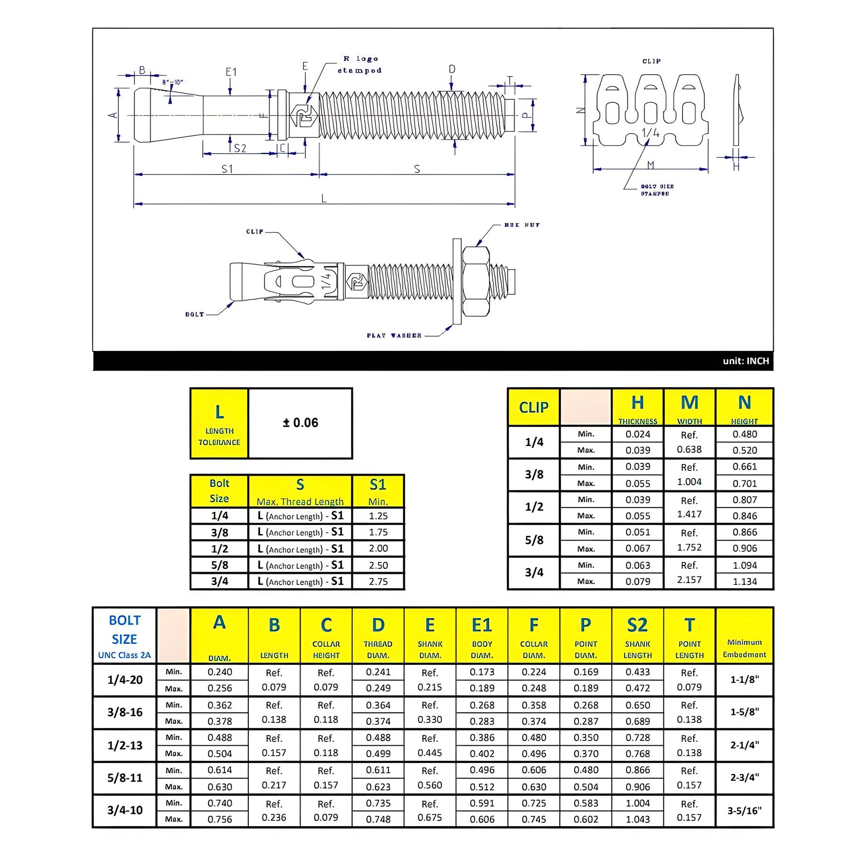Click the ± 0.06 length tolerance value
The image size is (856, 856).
coord(300,422)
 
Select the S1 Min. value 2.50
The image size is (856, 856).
coord(378,565)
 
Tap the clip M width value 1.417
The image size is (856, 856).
coord(689,514)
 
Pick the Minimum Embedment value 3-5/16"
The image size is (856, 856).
coord(744,810)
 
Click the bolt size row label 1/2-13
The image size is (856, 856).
coord(125,745)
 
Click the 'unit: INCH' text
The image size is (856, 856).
coord(746,361)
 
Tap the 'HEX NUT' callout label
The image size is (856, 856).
coord(522,225)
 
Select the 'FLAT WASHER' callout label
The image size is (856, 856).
coord(394,335)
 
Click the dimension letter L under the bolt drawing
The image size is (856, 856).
coord(324,198)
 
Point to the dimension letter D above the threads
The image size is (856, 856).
coord(452,69)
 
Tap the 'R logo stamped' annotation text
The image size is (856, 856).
coord(360,65)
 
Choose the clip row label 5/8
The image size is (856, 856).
coord(534,540)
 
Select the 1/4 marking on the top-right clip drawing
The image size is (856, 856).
coord(650,133)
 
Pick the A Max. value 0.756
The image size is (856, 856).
coord(220,819)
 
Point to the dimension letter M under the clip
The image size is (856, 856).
coord(651,165)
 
